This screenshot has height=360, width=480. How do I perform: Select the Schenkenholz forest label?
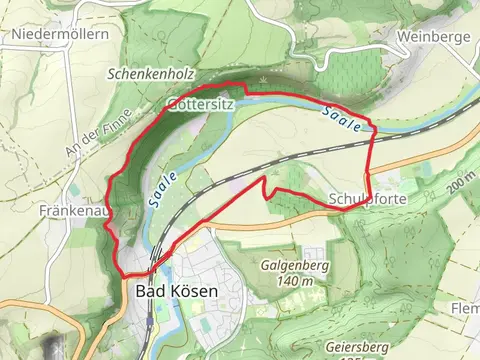click(150, 75)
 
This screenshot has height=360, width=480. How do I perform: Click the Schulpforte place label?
click(359, 198)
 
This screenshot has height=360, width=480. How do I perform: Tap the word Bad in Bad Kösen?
click(146, 292)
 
